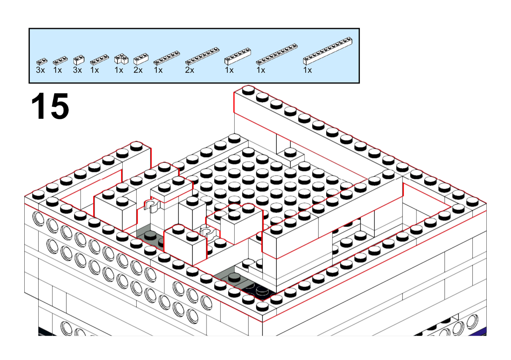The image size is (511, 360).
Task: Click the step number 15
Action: click(x=50, y=106)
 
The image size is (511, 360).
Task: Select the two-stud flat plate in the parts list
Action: click(x=42, y=61)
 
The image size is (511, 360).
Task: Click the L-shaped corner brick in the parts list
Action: click(x=121, y=59)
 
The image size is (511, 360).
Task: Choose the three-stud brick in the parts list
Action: click(x=141, y=59)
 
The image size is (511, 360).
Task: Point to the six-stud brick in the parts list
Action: click(x=238, y=56)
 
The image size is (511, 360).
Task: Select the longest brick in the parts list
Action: click(x=327, y=51)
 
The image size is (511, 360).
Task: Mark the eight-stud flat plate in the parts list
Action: click(x=202, y=56)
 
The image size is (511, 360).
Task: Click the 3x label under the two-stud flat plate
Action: click(x=40, y=70)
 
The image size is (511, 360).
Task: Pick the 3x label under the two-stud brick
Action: click(x=78, y=70)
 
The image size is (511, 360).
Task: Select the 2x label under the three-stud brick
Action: click(x=138, y=70)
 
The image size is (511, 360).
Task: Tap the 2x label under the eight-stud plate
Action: click(x=189, y=70)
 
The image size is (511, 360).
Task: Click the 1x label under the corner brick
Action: click(x=119, y=70)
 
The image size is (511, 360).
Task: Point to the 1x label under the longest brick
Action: click(x=307, y=70)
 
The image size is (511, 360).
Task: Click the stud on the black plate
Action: click(x=262, y=290)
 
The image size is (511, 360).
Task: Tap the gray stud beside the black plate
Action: click(x=234, y=277)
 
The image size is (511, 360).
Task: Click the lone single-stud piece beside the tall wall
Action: click(x=290, y=157)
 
